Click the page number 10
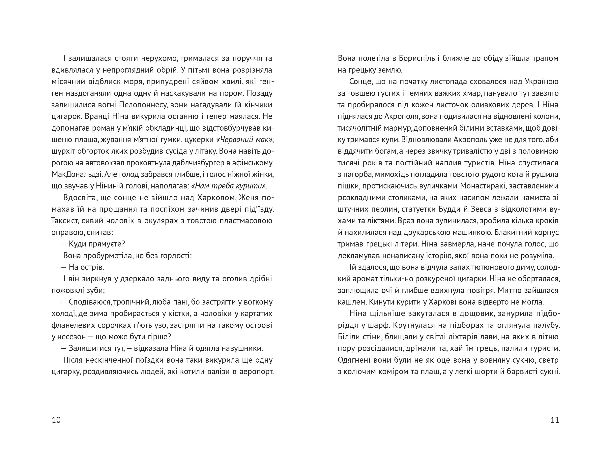click(56, 420)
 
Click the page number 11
click(555, 420)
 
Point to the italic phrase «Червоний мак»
click(244, 140)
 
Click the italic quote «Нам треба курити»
click(229, 186)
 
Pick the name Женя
click(249, 198)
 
